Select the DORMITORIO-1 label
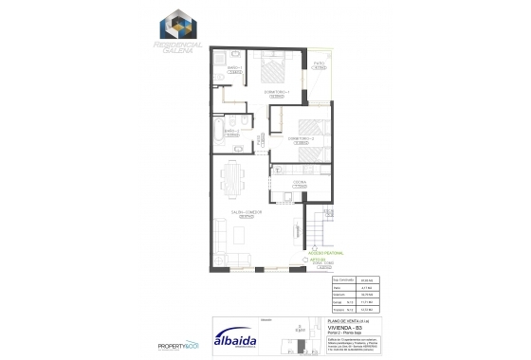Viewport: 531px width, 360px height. coord(277,93)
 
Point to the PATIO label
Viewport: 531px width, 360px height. coord(320,64)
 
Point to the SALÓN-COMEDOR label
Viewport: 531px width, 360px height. coord(250,215)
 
